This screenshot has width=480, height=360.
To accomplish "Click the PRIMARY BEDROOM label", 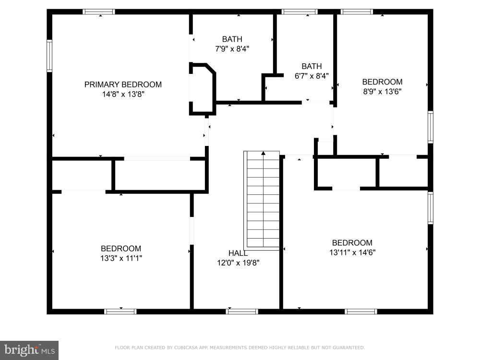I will point(123,84).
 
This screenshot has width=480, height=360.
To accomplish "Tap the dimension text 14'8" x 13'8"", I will point(123,95).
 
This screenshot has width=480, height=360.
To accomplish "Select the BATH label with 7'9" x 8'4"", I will point(232,39).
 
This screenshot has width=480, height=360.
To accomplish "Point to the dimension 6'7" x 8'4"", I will point(312,76).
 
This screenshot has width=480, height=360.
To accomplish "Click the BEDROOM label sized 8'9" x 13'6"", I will point(382,82).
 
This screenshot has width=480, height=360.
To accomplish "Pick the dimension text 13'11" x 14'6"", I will point(352,252).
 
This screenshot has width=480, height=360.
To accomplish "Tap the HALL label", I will point(238,253).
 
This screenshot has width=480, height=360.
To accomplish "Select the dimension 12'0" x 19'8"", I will point(238,263).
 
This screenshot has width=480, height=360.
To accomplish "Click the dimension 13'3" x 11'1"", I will point(121,258).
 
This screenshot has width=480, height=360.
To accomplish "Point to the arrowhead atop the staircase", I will point(263,153).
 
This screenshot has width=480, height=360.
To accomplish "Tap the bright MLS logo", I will point(29,350).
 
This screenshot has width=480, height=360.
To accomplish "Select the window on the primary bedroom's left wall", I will point(49,56).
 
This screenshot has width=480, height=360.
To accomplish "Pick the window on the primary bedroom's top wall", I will point(99,12).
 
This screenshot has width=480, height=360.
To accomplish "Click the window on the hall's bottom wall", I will point(242,312).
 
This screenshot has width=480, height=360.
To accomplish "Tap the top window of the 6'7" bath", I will point(299,12).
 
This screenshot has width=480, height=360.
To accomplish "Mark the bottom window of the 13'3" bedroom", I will point(120,312).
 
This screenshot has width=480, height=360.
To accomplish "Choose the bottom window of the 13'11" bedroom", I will point(361,312).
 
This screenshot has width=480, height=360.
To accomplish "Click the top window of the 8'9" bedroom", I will point(357,12).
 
